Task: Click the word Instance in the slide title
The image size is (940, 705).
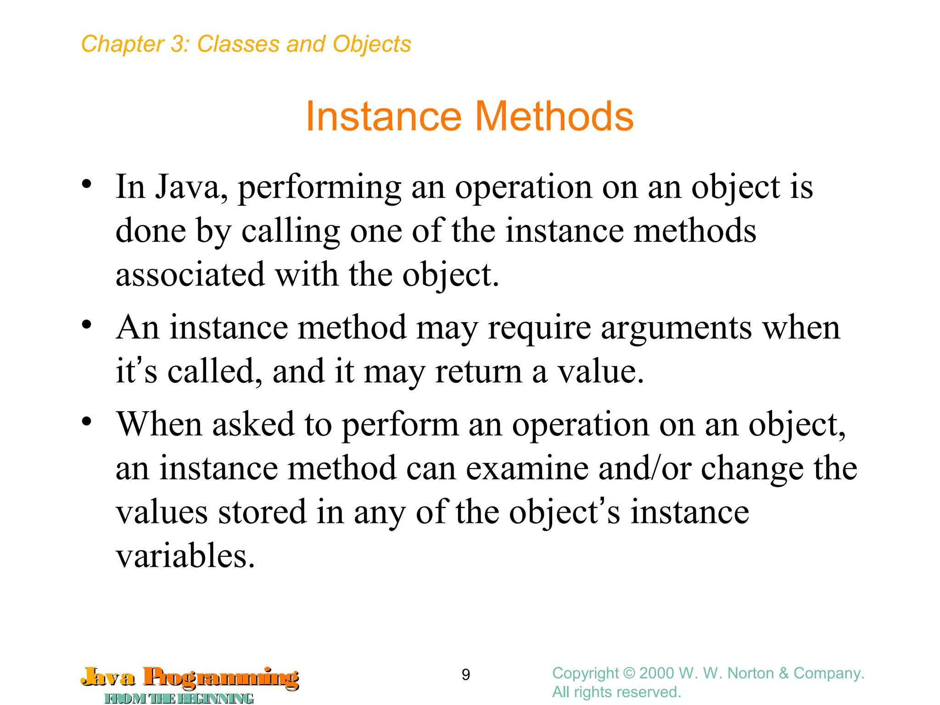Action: point(383,117)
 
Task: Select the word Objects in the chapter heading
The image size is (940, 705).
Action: point(372,45)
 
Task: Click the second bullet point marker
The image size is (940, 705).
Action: point(87,325)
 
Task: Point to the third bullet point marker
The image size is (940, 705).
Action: point(87,421)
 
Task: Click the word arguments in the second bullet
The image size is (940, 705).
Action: point(676,328)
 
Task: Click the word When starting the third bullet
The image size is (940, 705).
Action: point(159,425)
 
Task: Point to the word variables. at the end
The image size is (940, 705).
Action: point(185,556)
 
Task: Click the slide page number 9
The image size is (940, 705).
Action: point(465,675)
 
